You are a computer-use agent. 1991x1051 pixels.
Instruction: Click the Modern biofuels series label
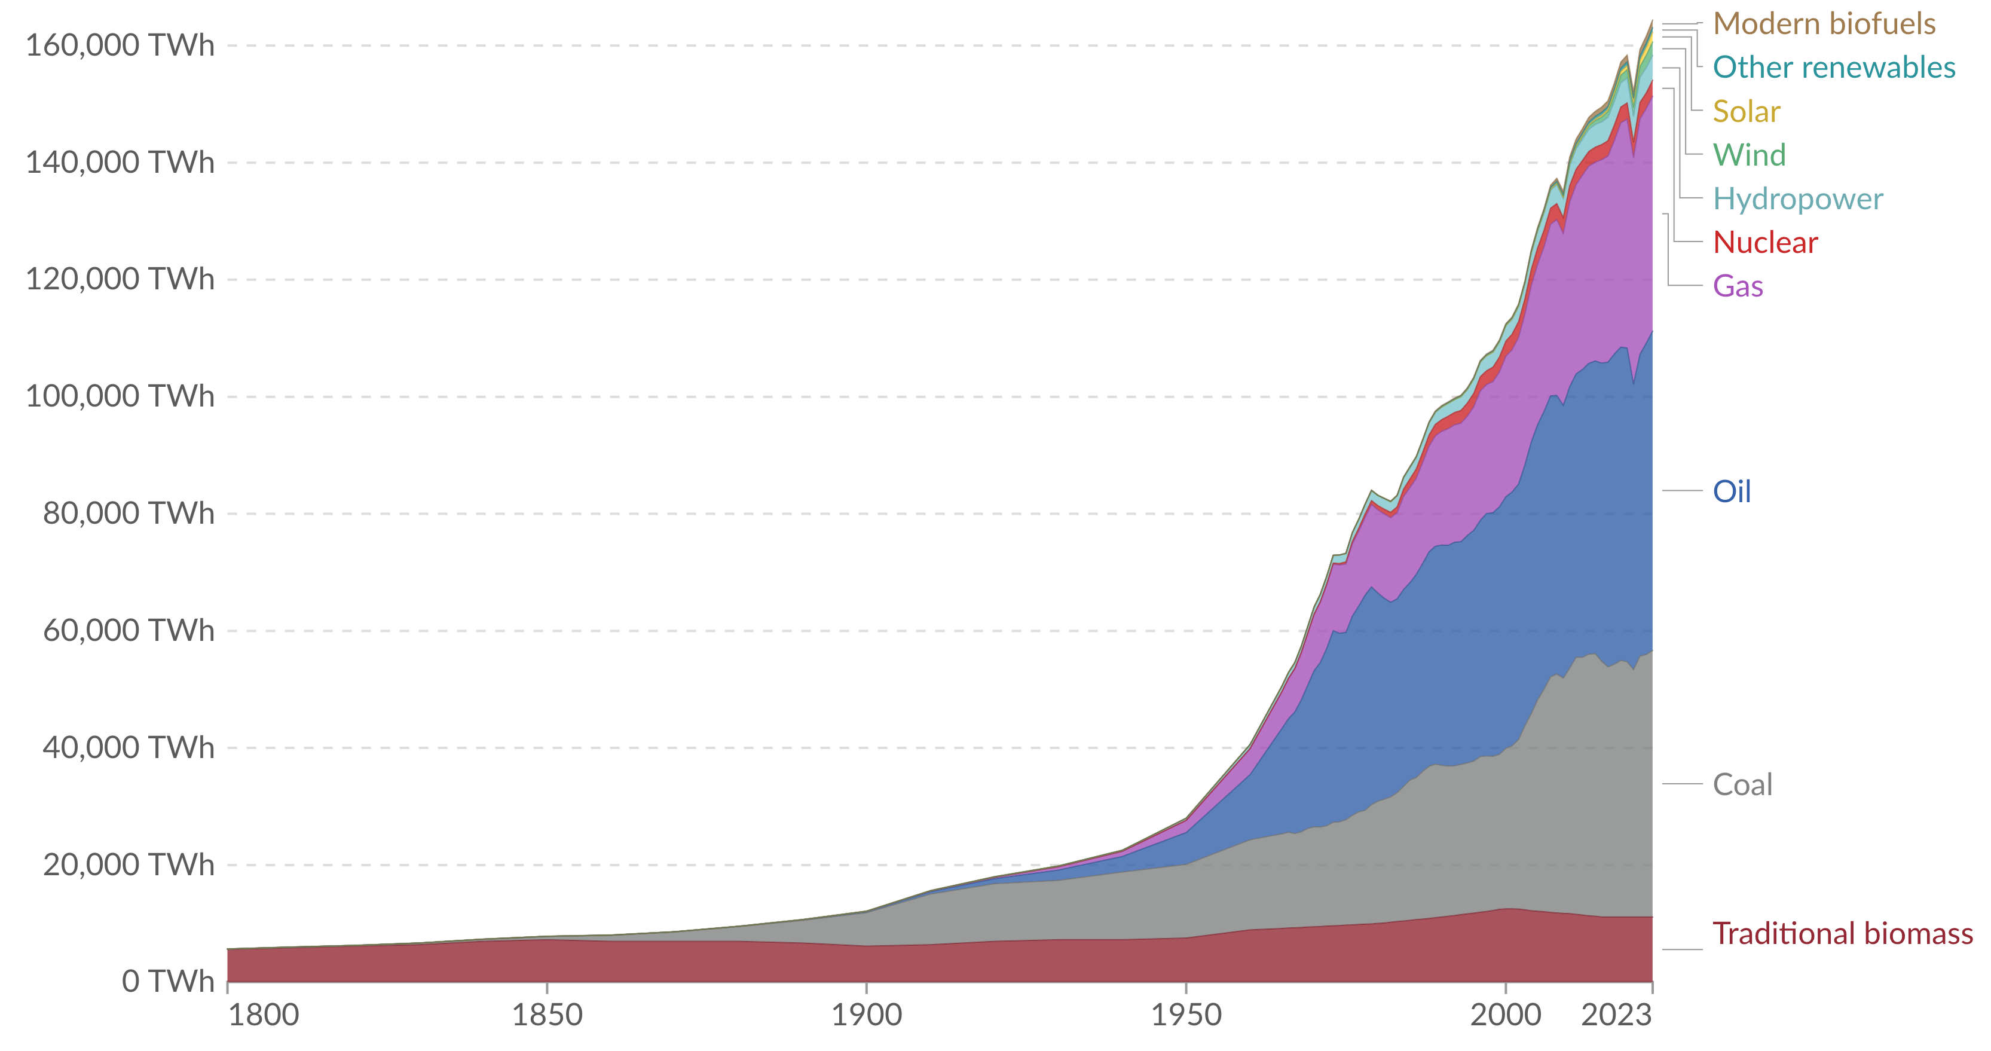point(1823,24)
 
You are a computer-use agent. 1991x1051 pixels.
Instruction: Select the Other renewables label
point(1833,68)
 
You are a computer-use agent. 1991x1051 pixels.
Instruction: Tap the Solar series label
point(1746,112)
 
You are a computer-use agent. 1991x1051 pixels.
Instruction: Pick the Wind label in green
point(1749,155)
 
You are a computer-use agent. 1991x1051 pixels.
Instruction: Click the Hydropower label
point(1798,200)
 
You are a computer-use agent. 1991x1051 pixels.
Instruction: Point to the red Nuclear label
point(1764,243)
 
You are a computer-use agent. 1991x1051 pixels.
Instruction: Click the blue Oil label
point(1732,491)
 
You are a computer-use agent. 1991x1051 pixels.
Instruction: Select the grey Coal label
point(1742,785)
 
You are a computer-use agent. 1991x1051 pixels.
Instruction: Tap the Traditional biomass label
point(1842,934)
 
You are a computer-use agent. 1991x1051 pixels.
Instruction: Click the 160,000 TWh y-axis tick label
point(120,45)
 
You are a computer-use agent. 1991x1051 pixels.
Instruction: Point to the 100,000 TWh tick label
point(120,396)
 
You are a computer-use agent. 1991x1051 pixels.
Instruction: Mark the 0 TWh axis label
point(167,982)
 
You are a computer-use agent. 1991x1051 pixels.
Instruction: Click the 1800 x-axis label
point(263,1015)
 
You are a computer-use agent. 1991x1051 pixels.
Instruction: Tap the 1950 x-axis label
point(1186,1015)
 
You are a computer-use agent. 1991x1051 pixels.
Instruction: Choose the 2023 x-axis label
point(1616,1015)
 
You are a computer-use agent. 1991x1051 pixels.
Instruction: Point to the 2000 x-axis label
point(1505,1015)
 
